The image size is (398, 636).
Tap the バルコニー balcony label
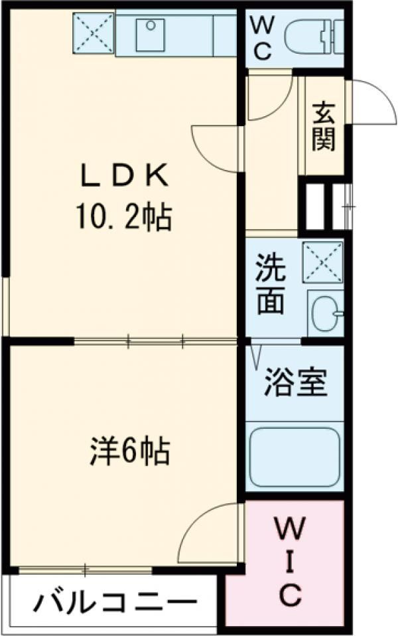(x=117, y=604)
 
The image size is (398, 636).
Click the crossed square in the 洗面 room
(x=322, y=263)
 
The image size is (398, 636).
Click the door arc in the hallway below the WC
(x=269, y=100)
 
